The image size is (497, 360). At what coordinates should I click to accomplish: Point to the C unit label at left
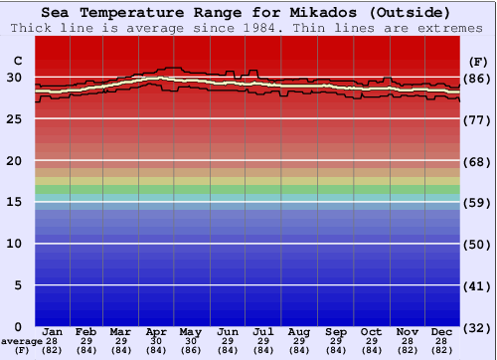(17, 62)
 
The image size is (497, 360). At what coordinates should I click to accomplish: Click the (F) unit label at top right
(478, 62)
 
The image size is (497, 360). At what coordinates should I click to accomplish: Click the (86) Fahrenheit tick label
(478, 79)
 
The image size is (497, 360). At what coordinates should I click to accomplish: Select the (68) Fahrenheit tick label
(478, 161)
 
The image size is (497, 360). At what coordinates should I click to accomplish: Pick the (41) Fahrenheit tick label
(478, 285)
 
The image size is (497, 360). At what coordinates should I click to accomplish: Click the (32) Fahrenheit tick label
(478, 326)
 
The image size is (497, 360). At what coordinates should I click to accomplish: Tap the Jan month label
(54, 331)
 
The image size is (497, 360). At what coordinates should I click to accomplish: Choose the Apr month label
(155, 331)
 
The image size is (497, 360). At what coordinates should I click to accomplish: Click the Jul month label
(263, 331)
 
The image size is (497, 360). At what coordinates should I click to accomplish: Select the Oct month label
(371, 331)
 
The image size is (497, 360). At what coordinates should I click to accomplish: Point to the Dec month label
(442, 331)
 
